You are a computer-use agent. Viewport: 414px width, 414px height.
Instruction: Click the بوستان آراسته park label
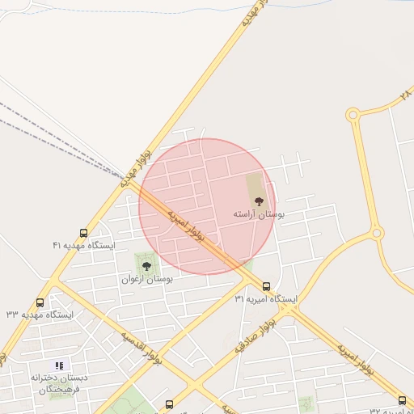point(258,215)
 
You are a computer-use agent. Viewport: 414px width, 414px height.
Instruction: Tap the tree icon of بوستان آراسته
point(259,201)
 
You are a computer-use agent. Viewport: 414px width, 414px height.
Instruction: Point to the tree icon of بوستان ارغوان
point(146,265)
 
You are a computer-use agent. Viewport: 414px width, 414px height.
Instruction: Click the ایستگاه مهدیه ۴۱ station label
point(84,245)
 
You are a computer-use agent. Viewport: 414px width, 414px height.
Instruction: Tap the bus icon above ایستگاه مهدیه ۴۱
point(84,233)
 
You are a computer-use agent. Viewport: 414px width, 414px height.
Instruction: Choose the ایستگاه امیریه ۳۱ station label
point(266,298)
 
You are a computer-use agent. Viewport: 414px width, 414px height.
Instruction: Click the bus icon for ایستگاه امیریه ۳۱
point(267,285)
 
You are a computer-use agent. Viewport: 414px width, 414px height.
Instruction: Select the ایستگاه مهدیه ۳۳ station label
point(40,314)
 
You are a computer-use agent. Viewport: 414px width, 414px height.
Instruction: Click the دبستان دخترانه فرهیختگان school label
point(62,383)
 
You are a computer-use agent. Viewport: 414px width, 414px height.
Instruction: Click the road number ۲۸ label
point(405,96)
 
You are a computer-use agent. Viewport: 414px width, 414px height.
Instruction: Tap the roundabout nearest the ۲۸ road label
point(353,115)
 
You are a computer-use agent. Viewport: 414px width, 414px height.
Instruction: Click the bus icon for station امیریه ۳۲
point(402,400)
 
